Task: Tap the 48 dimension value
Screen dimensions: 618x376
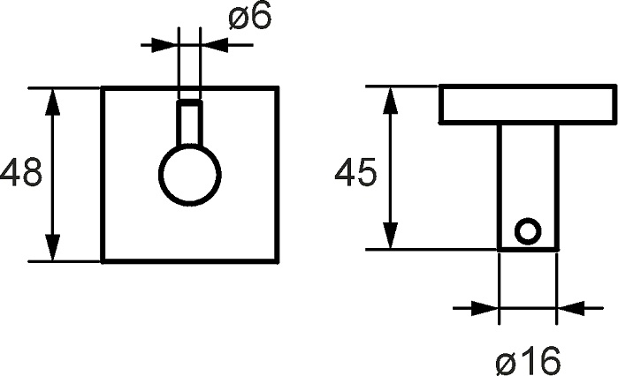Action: (20, 172)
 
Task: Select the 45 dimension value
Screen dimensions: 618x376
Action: (355, 172)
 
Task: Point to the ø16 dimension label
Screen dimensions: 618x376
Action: (528, 361)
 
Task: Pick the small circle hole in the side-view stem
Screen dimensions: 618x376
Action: (528, 231)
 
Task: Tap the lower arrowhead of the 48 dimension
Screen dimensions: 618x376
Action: (52, 247)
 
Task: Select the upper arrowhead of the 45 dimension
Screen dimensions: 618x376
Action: (390, 100)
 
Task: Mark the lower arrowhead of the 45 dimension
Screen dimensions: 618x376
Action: (390, 236)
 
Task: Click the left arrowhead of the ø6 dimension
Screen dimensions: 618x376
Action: (165, 45)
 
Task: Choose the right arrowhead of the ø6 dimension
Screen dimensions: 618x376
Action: (215, 45)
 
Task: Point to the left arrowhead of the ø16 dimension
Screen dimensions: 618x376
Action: (485, 308)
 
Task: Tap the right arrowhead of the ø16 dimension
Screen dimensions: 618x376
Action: (570, 308)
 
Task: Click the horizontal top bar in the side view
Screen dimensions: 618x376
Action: (528, 104)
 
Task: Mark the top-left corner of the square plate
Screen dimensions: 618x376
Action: (102, 86)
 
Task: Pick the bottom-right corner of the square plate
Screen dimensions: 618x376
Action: (278, 260)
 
